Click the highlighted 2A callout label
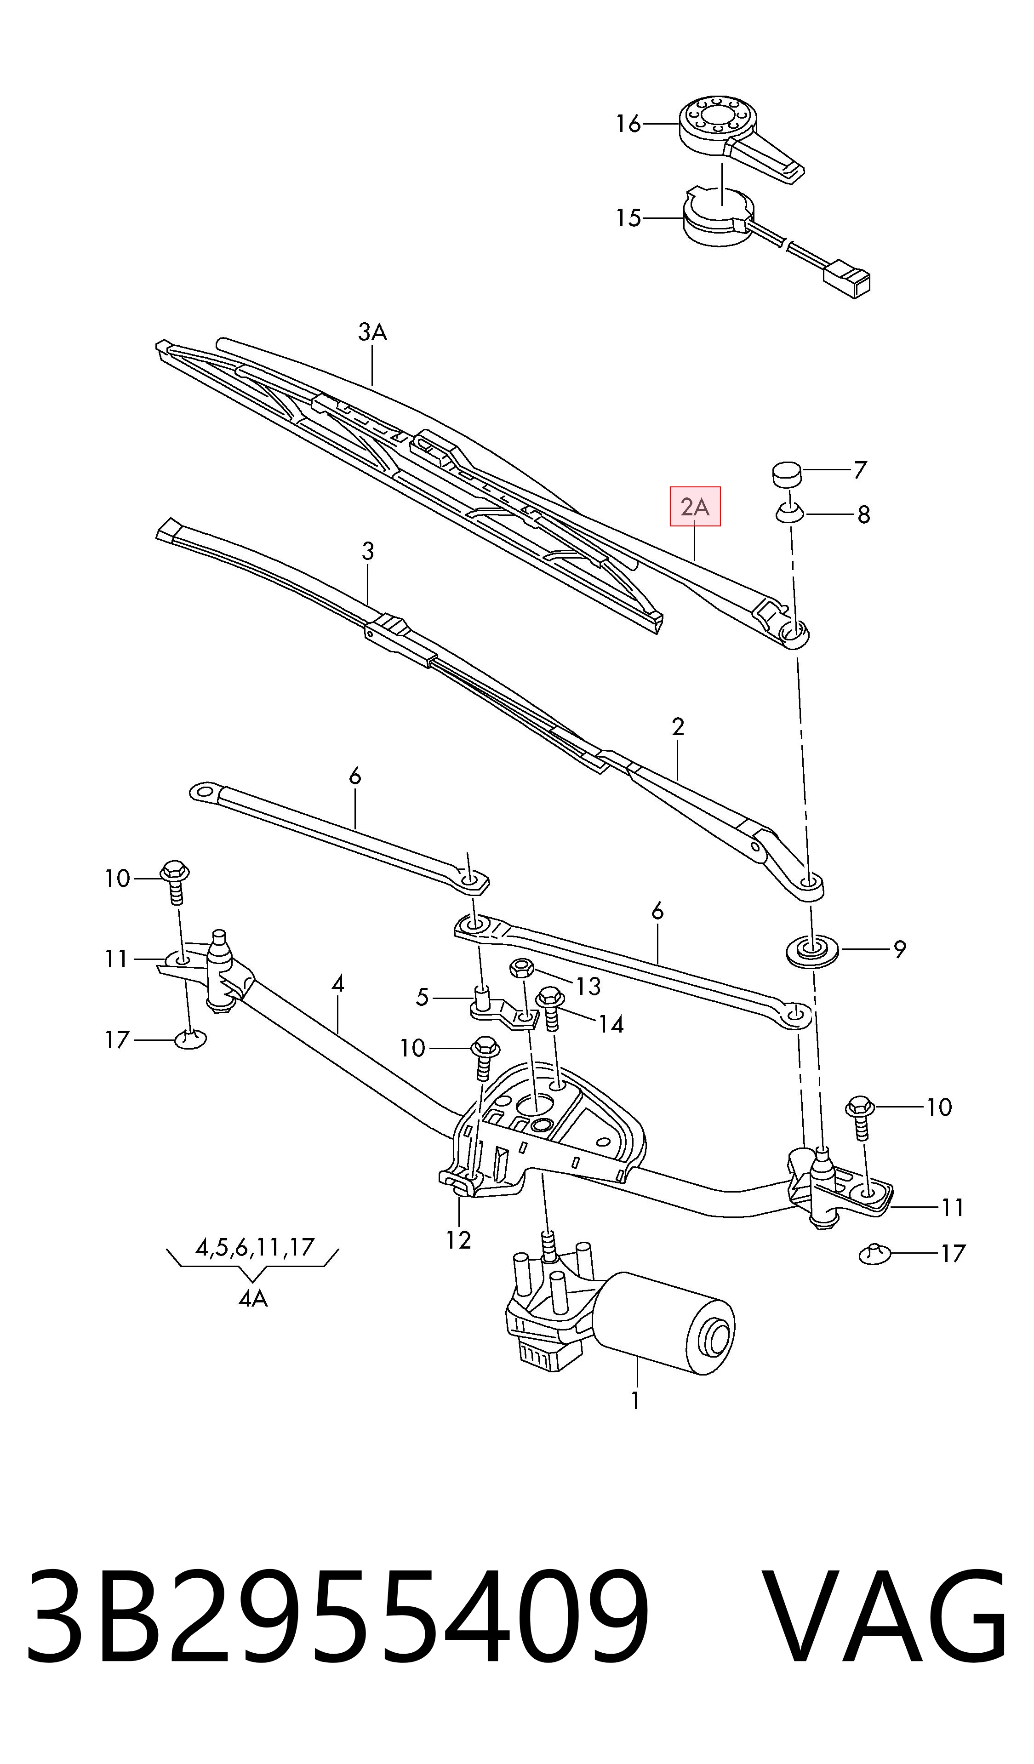695,506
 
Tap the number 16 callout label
628,124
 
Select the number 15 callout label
628,218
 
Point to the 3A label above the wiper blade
372,332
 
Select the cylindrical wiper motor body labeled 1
665,1314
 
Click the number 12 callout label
458,1240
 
